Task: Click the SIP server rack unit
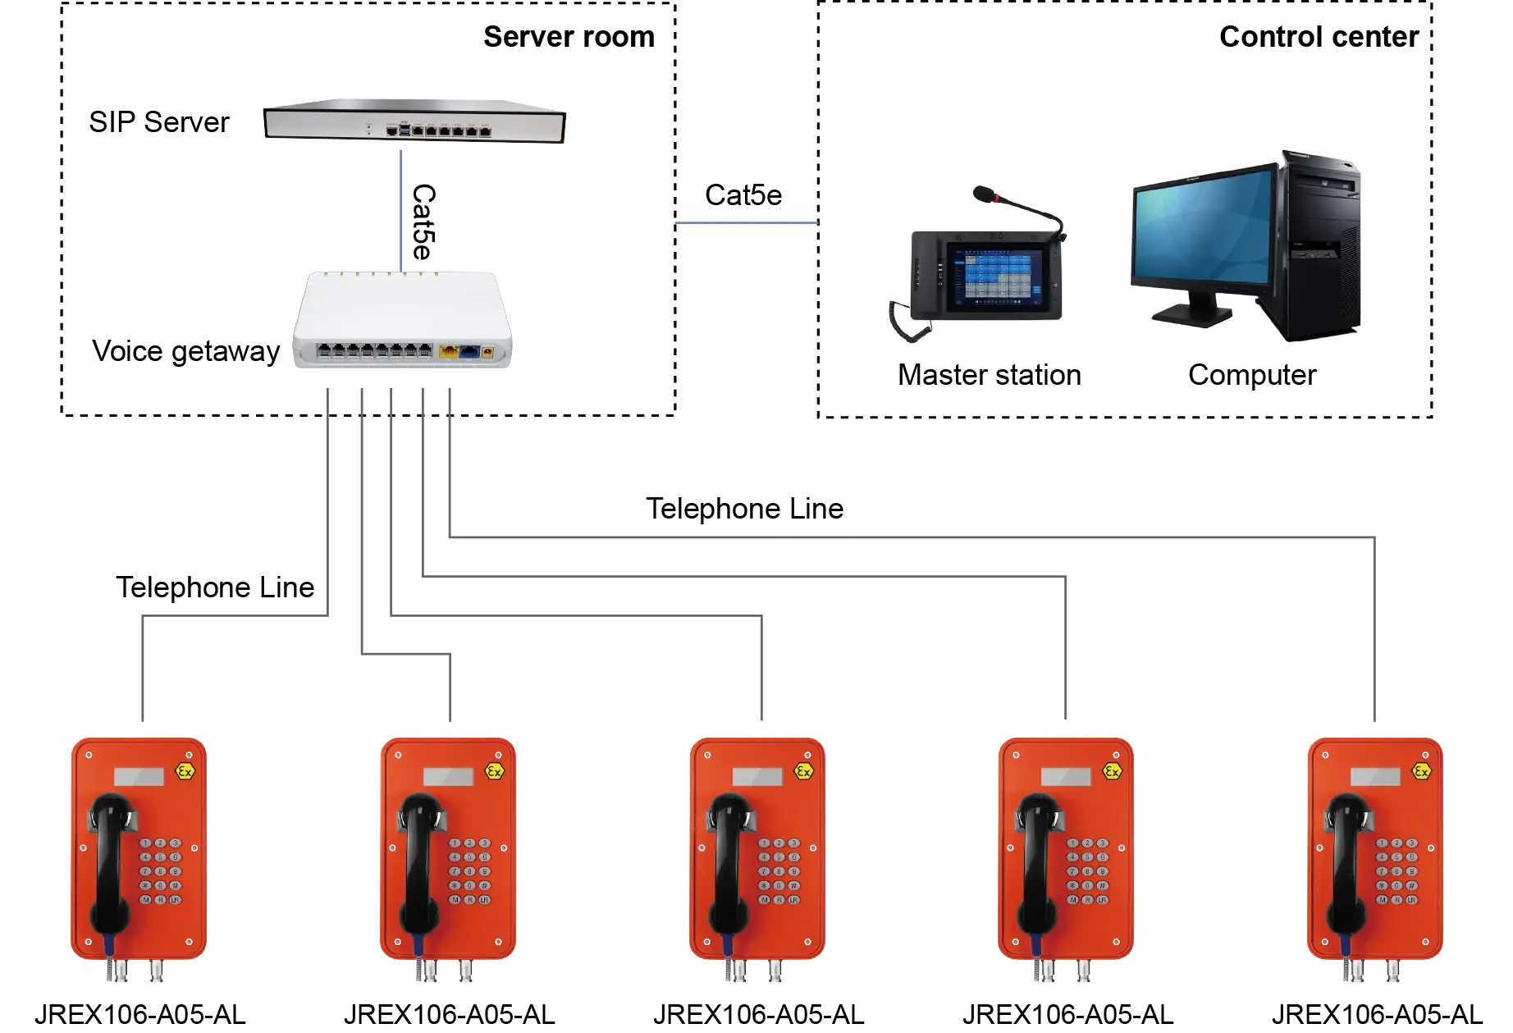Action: click(415, 123)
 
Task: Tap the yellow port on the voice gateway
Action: click(449, 352)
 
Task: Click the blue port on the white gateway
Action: click(469, 352)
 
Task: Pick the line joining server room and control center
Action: click(745, 222)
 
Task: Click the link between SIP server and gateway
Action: click(400, 205)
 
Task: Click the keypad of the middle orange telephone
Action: click(779, 871)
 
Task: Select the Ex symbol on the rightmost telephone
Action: click(1421, 771)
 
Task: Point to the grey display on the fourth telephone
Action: click(1065, 776)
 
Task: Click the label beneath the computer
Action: click(1251, 376)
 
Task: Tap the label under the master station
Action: click(990, 376)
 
